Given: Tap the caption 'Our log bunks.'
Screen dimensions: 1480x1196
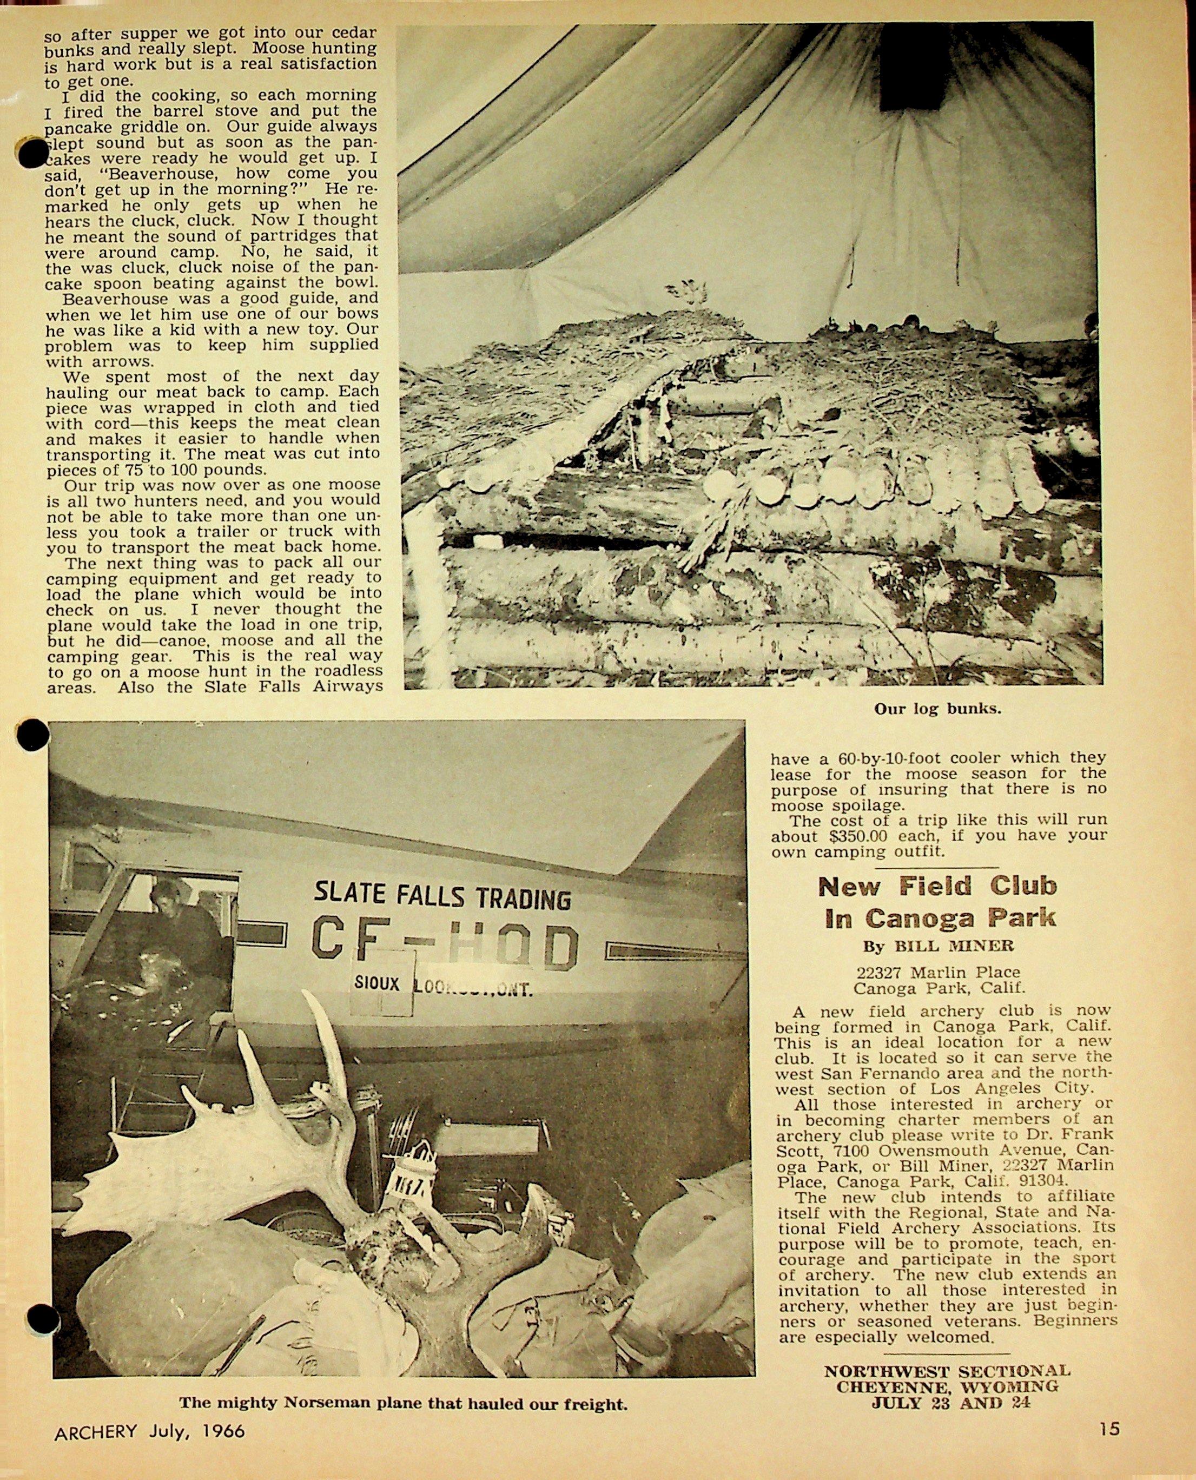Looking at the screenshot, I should click(x=937, y=708).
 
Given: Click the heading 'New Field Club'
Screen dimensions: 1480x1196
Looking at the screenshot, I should click(x=937, y=887).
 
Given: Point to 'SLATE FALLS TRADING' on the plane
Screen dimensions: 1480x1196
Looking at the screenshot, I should click(x=442, y=896).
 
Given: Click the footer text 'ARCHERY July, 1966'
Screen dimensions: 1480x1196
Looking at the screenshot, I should click(x=149, y=1430).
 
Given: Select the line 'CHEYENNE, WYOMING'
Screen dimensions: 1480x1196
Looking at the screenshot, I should click(x=947, y=1385).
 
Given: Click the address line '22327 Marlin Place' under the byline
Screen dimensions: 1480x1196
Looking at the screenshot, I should click(x=939, y=972).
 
